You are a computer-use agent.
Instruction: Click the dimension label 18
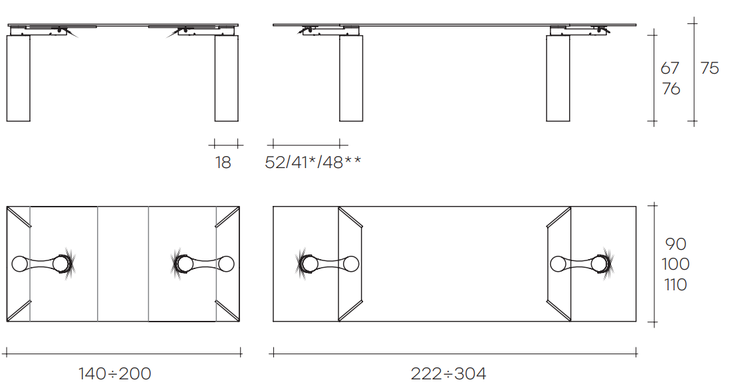coord(223,162)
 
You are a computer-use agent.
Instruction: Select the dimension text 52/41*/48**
coord(312,162)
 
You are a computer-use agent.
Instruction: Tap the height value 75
coord(709,68)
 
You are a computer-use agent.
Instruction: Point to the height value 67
coord(670,68)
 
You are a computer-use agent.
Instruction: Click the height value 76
coord(671,88)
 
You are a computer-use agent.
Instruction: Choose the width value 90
coord(675,244)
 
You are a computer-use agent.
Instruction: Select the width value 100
coord(675,264)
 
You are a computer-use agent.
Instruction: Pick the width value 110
coord(675,284)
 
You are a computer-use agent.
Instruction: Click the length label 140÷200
coord(115,374)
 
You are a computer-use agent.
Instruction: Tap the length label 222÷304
coord(449,374)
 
